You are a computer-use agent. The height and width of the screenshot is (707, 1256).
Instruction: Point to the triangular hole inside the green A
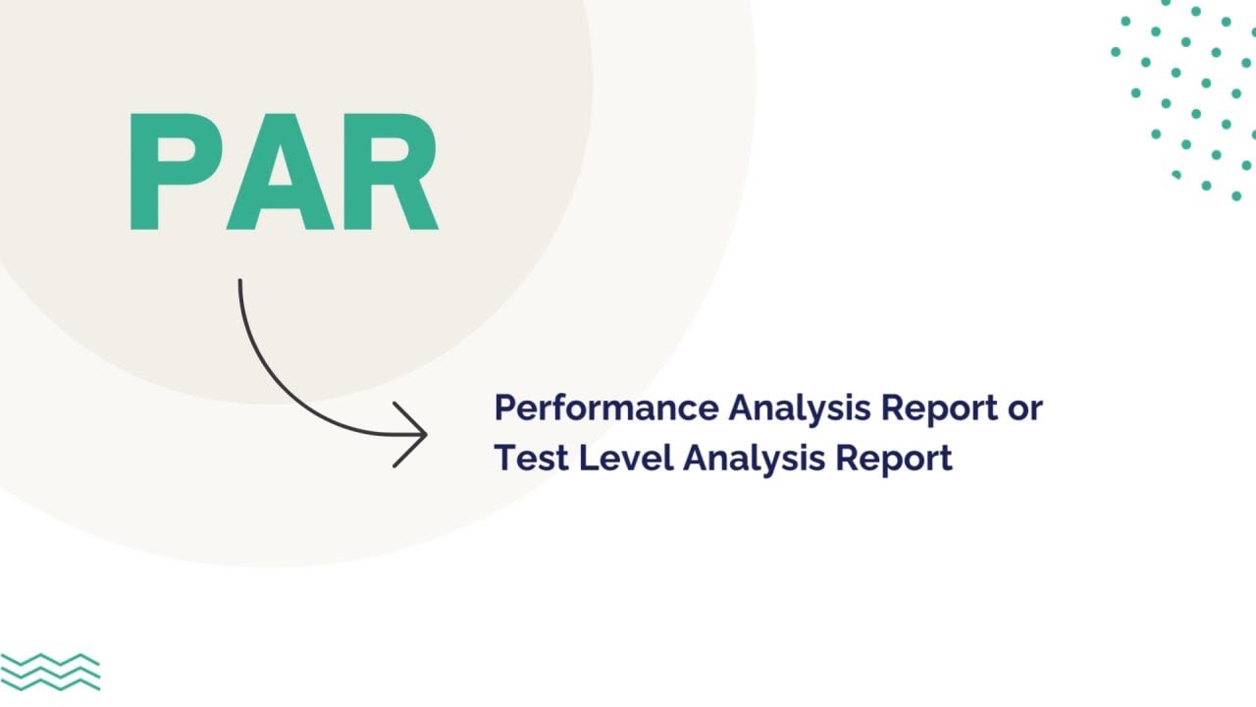(x=281, y=168)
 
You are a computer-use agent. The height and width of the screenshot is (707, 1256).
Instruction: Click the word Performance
(x=606, y=408)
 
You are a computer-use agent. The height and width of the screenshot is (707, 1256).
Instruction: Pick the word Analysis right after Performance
(x=800, y=408)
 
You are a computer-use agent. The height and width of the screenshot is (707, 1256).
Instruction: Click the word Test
(x=532, y=458)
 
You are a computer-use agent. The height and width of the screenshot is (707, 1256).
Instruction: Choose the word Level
(x=626, y=458)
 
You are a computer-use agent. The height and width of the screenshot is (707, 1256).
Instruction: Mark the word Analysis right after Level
(x=755, y=459)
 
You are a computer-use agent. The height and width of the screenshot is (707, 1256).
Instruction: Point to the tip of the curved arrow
(x=427, y=434)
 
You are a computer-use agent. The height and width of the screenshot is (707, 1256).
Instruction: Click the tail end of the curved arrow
(x=240, y=281)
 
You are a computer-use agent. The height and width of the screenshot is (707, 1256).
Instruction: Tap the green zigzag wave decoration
(x=50, y=672)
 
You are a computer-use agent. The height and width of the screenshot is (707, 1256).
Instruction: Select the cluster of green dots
(x=1184, y=100)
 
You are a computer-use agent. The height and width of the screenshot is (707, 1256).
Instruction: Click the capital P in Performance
(x=504, y=408)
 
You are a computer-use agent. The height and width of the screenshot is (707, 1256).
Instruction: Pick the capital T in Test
(x=505, y=458)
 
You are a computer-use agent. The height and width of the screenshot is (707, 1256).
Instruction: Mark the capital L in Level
(x=588, y=458)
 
